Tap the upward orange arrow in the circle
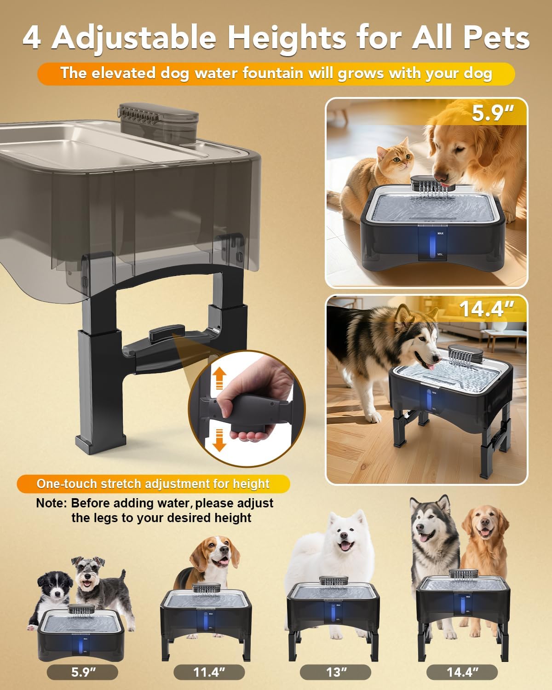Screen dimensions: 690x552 click(219, 379)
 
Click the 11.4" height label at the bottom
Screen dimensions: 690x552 click(209, 673)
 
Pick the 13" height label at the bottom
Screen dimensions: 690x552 click(335, 673)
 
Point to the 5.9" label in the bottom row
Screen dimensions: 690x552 click(82, 673)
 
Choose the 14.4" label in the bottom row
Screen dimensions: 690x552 click(461, 673)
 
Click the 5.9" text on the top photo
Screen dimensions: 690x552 click(493, 113)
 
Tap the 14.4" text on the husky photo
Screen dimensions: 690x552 click(486, 309)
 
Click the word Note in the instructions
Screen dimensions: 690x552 click(51, 503)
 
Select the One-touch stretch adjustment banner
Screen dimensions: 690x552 click(153, 484)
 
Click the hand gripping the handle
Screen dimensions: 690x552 click(248, 405)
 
